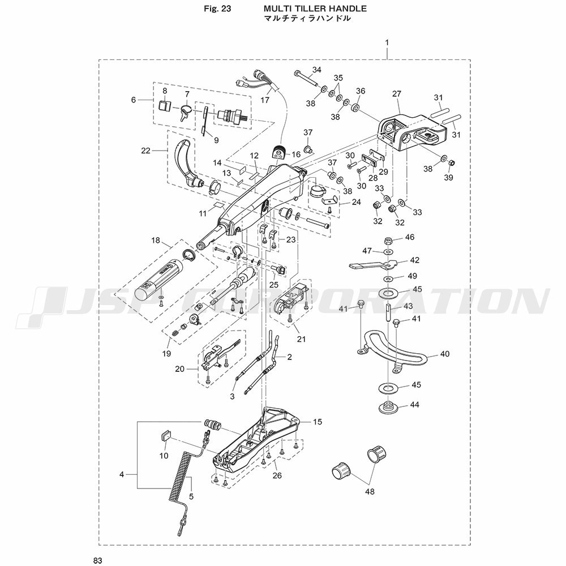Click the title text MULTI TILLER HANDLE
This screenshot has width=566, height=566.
point(315,8)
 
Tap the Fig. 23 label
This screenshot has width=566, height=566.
point(217,8)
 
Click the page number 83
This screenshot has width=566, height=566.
point(98,560)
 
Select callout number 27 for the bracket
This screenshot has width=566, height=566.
point(397,94)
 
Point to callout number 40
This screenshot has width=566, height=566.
point(445,354)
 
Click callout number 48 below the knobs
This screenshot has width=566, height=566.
point(370,491)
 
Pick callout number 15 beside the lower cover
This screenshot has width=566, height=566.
point(318,422)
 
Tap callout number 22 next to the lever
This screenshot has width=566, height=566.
point(145,150)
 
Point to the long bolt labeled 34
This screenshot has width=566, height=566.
point(306,79)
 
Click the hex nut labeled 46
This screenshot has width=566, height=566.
point(389,240)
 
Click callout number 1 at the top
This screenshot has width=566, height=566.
point(387,42)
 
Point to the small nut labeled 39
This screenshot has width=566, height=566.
point(451,163)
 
